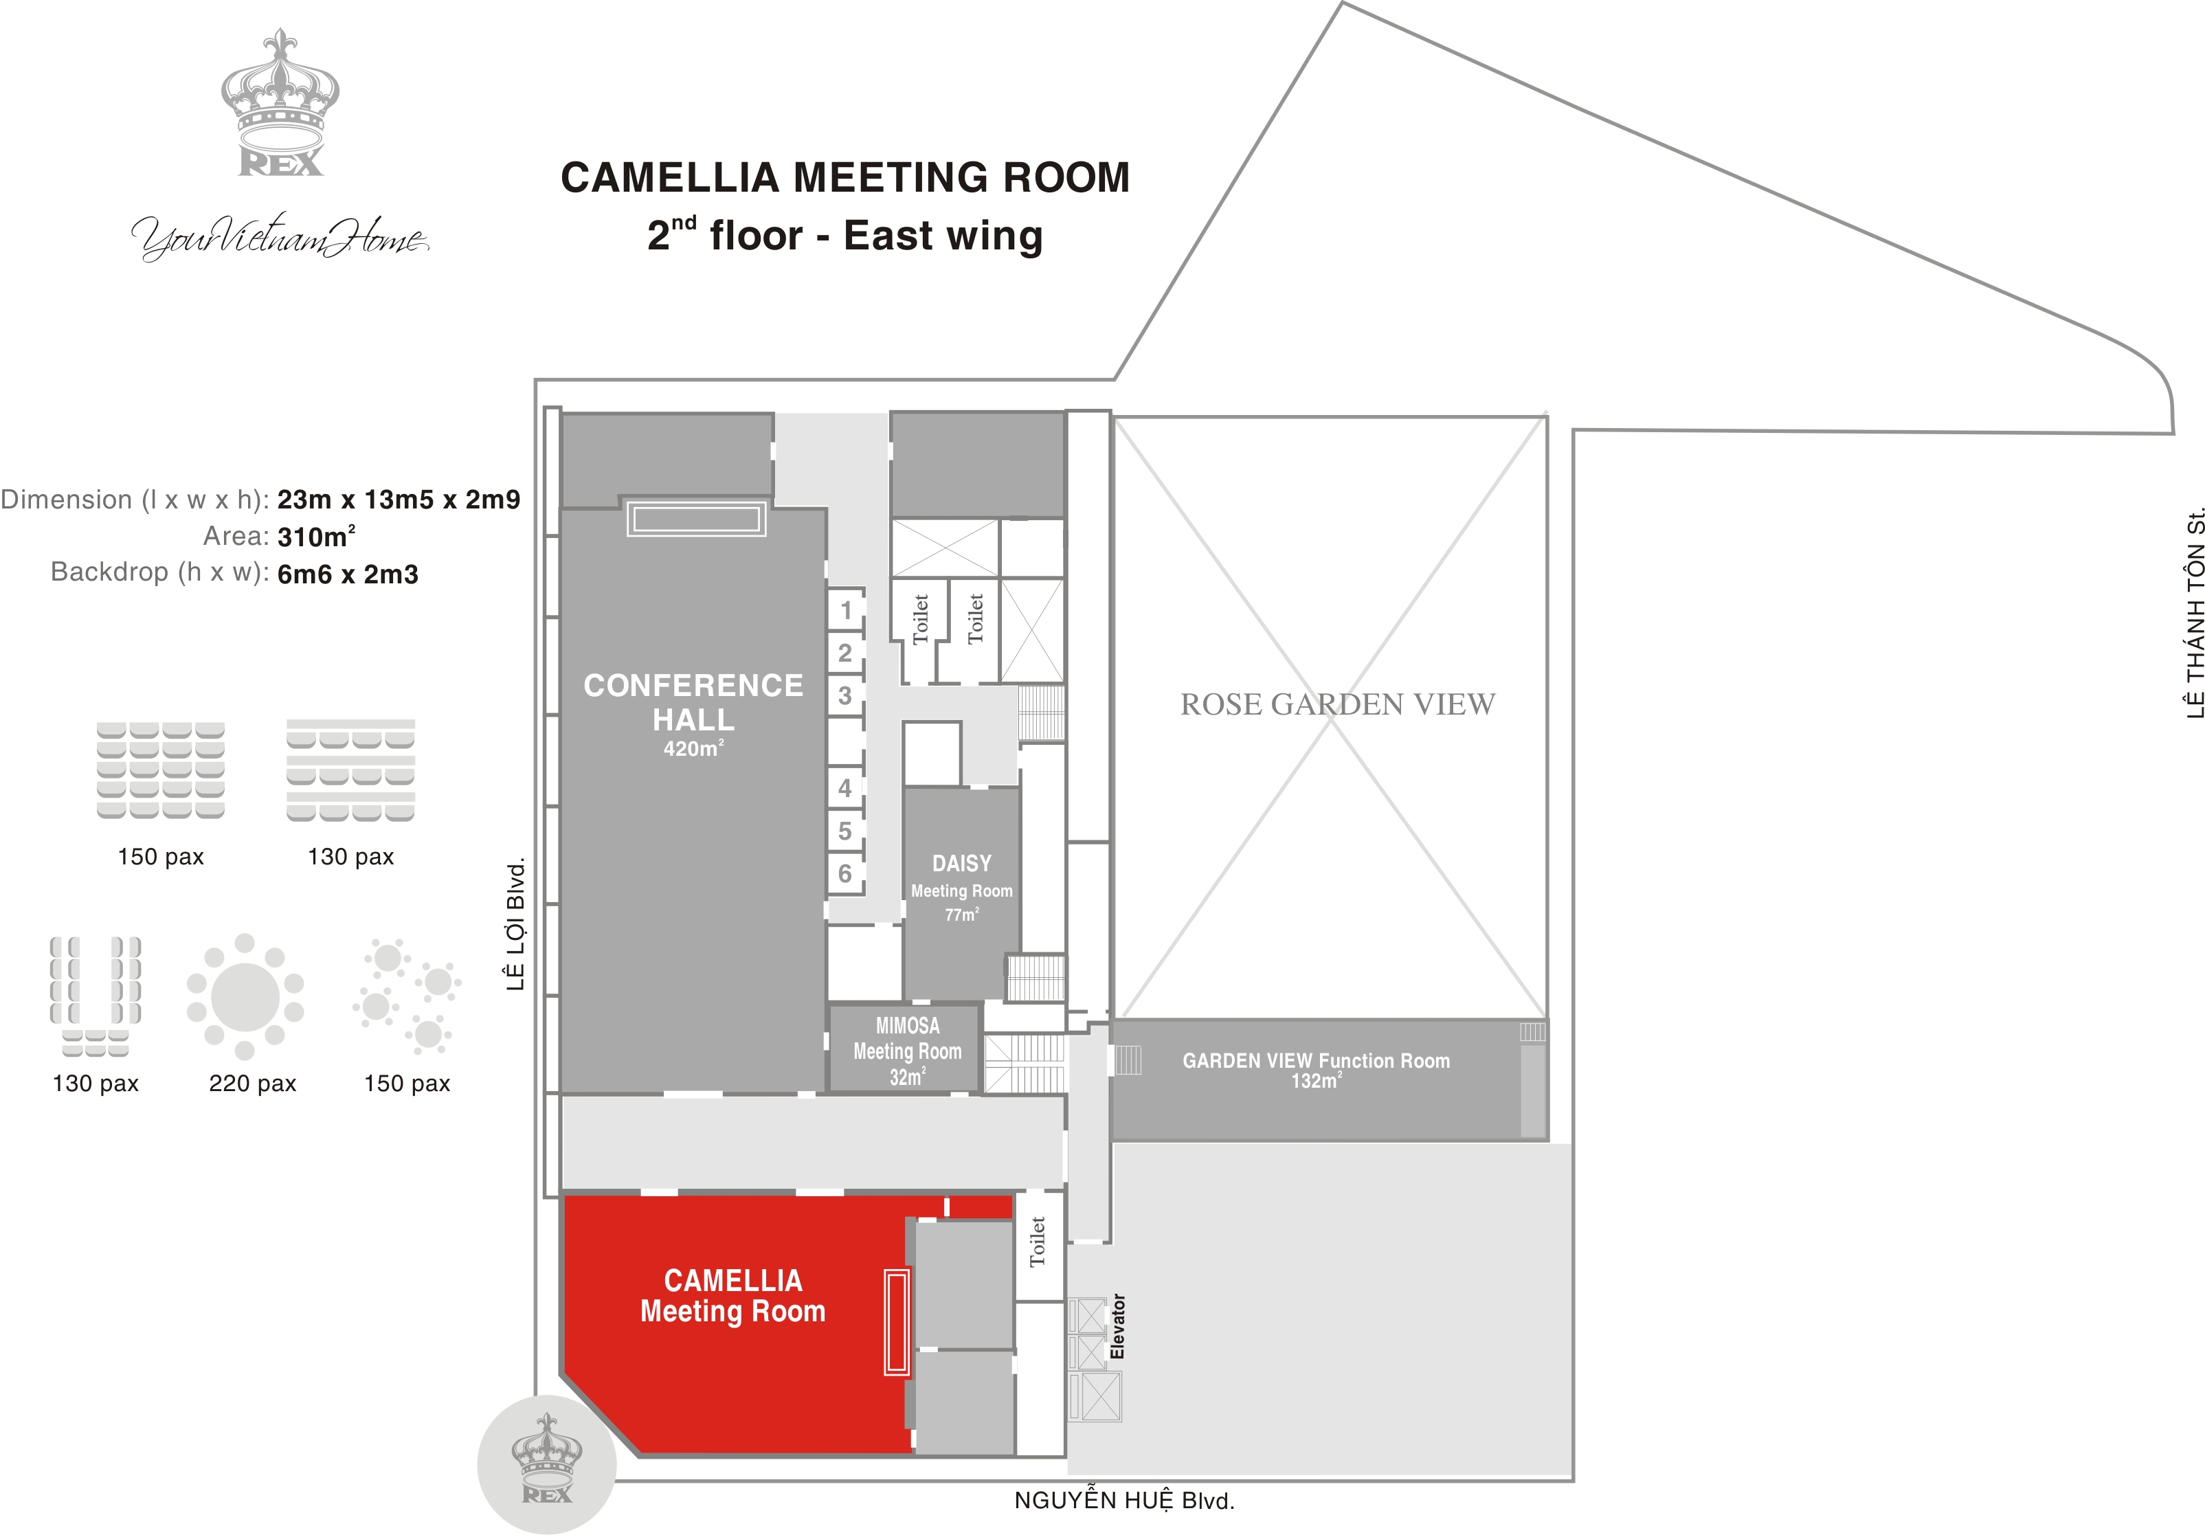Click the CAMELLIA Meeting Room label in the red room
click(x=732, y=1296)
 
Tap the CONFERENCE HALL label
click(x=693, y=702)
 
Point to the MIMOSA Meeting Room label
click(x=908, y=1051)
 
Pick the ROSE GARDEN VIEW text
click(x=1337, y=704)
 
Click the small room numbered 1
click(x=846, y=610)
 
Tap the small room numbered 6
click(x=845, y=873)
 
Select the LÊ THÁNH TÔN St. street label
click(x=2193, y=613)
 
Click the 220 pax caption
click(x=253, y=1084)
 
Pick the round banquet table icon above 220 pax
click(x=245, y=996)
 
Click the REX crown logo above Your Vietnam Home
click(x=280, y=103)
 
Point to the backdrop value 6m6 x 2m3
click(x=348, y=574)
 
